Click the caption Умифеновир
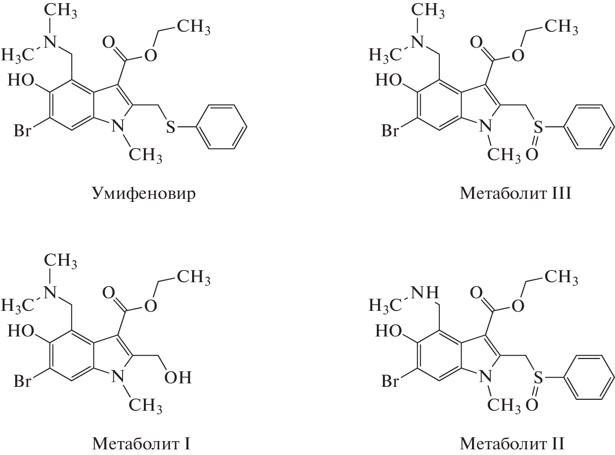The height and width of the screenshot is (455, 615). [x=143, y=194]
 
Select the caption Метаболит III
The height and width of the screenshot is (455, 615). [x=515, y=193]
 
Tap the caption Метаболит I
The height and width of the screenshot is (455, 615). [x=141, y=444]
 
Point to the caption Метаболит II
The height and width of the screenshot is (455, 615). [x=512, y=444]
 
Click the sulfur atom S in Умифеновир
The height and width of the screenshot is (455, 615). [x=171, y=127]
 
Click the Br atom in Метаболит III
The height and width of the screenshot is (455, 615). [x=390, y=130]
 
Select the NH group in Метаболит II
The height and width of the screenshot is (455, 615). [x=425, y=292]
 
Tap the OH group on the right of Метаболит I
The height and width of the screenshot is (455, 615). [x=178, y=377]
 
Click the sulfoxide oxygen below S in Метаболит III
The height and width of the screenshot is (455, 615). [x=532, y=155]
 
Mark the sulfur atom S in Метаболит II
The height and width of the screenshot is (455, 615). [x=538, y=377]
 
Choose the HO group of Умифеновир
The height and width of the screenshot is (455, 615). [x=21, y=80]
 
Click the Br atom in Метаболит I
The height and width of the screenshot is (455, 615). [x=22, y=381]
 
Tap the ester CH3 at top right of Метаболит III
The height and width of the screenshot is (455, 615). [x=562, y=27]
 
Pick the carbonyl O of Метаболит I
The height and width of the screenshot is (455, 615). [x=108, y=293]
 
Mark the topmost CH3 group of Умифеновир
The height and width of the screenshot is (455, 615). [x=60, y=11]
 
